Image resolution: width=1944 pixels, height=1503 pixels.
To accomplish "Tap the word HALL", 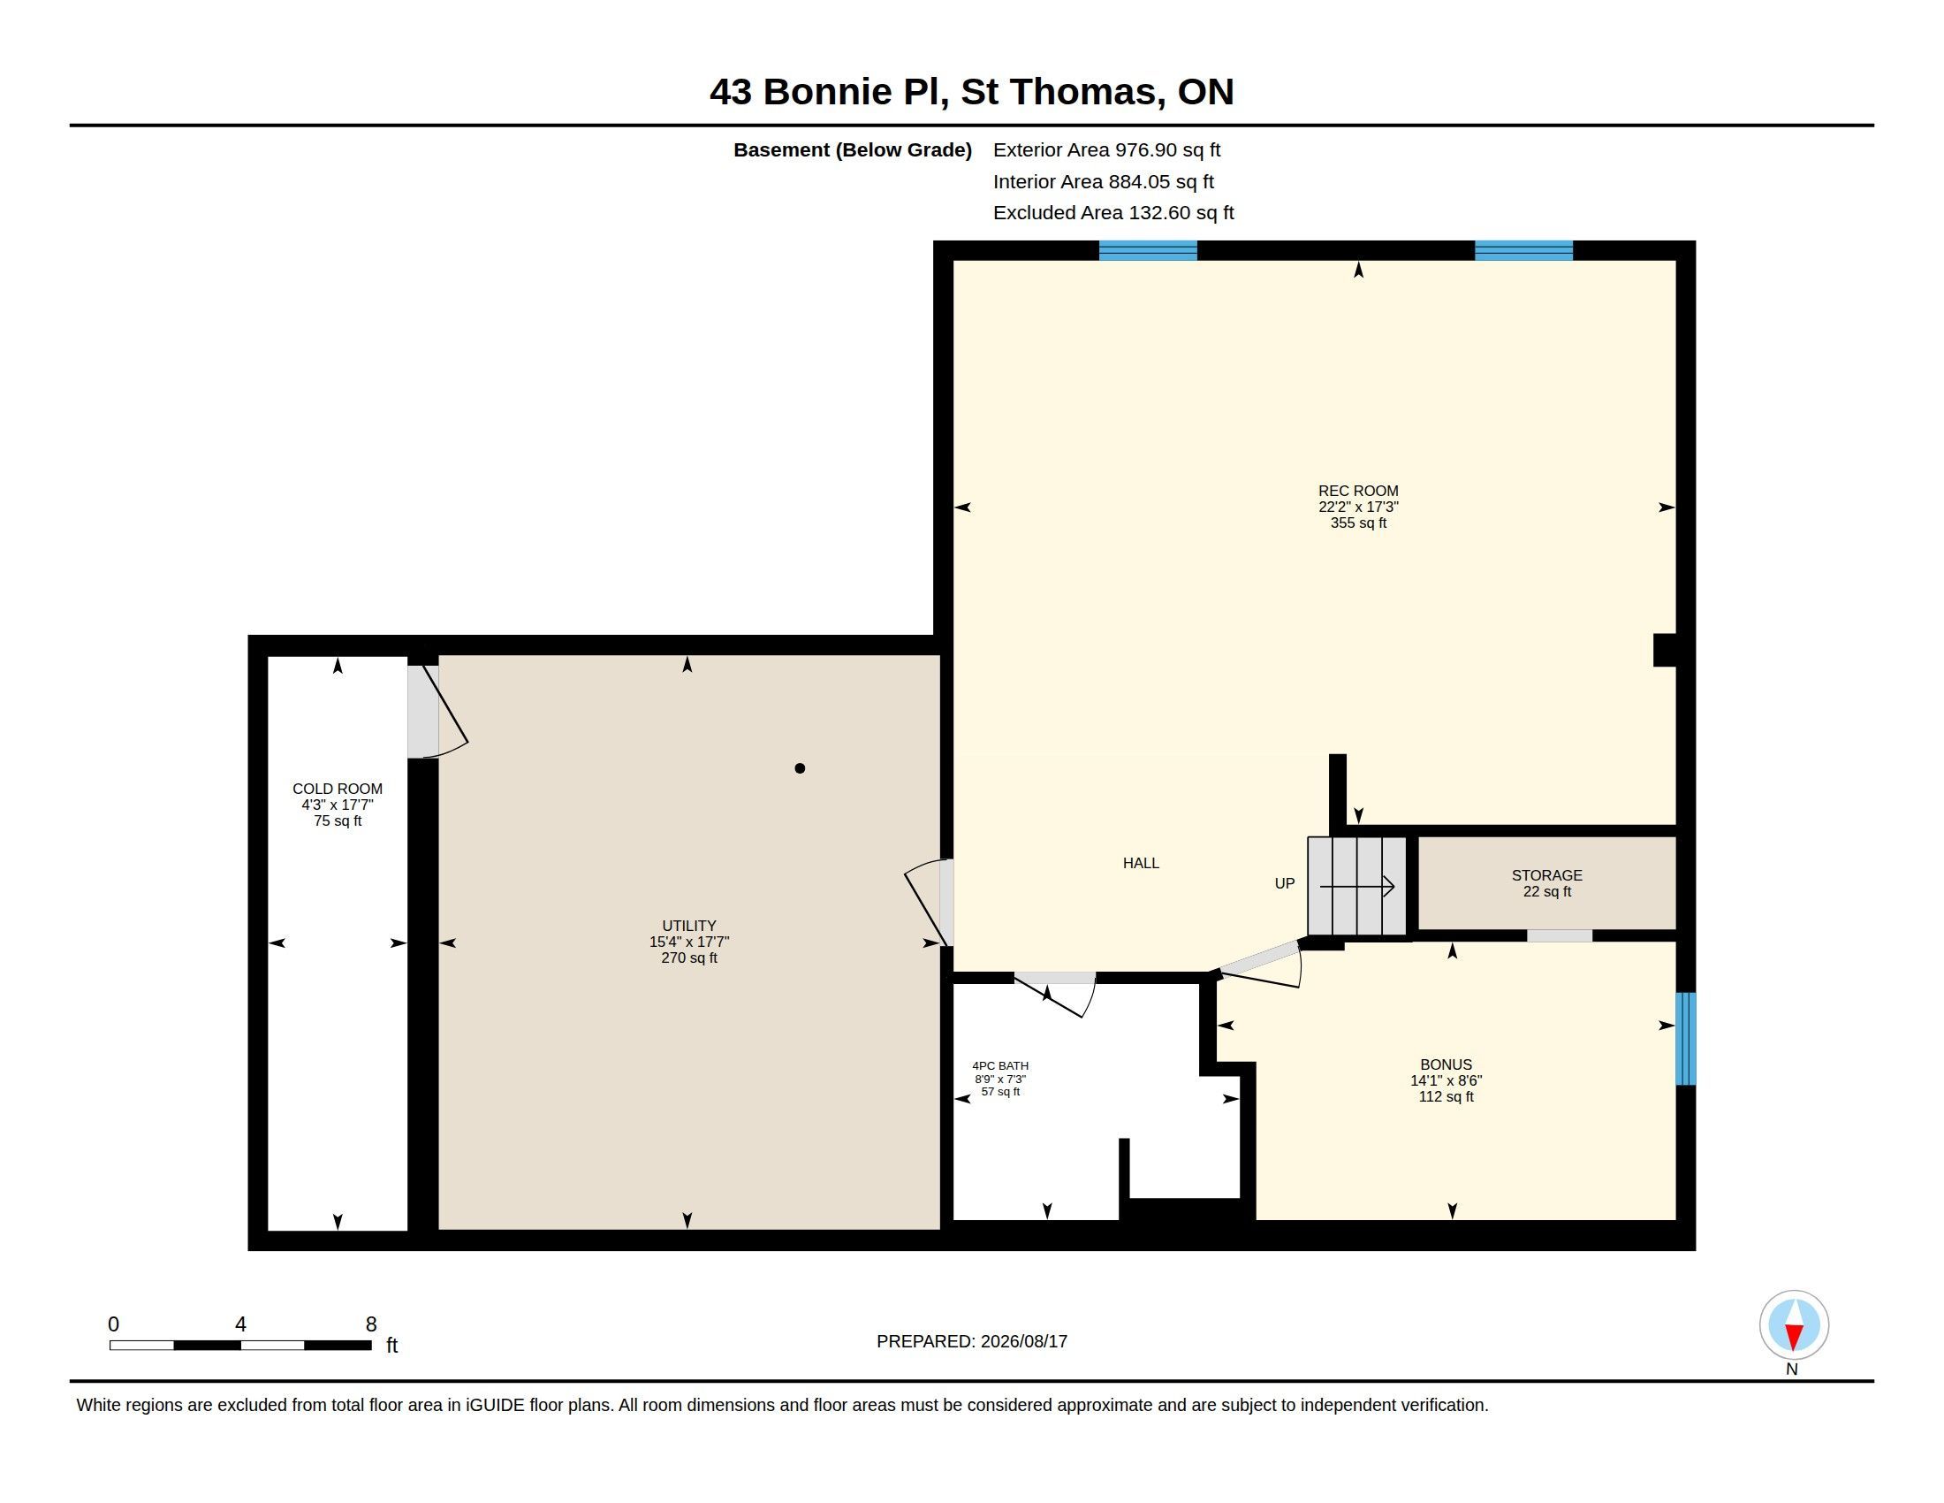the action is click(x=1141, y=863).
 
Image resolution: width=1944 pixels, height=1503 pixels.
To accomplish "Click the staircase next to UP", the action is click(x=1356, y=886).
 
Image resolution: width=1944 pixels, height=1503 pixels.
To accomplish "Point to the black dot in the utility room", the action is click(x=801, y=768).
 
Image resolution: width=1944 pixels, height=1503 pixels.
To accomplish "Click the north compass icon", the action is click(x=1794, y=1325).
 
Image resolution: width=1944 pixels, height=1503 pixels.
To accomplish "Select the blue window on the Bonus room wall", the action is click(x=1686, y=1039).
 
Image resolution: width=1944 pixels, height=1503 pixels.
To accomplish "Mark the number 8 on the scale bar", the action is click(x=371, y=1324).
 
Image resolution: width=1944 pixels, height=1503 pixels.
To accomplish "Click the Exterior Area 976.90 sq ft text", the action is click(x=1106, y=150).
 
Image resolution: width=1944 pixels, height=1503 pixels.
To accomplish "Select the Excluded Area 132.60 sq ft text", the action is click(x=1113, y=213).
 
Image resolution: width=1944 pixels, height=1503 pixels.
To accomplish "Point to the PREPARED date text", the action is click(x=972, y=1341).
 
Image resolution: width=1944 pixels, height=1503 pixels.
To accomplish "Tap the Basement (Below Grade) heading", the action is click(x=853, y=150).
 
